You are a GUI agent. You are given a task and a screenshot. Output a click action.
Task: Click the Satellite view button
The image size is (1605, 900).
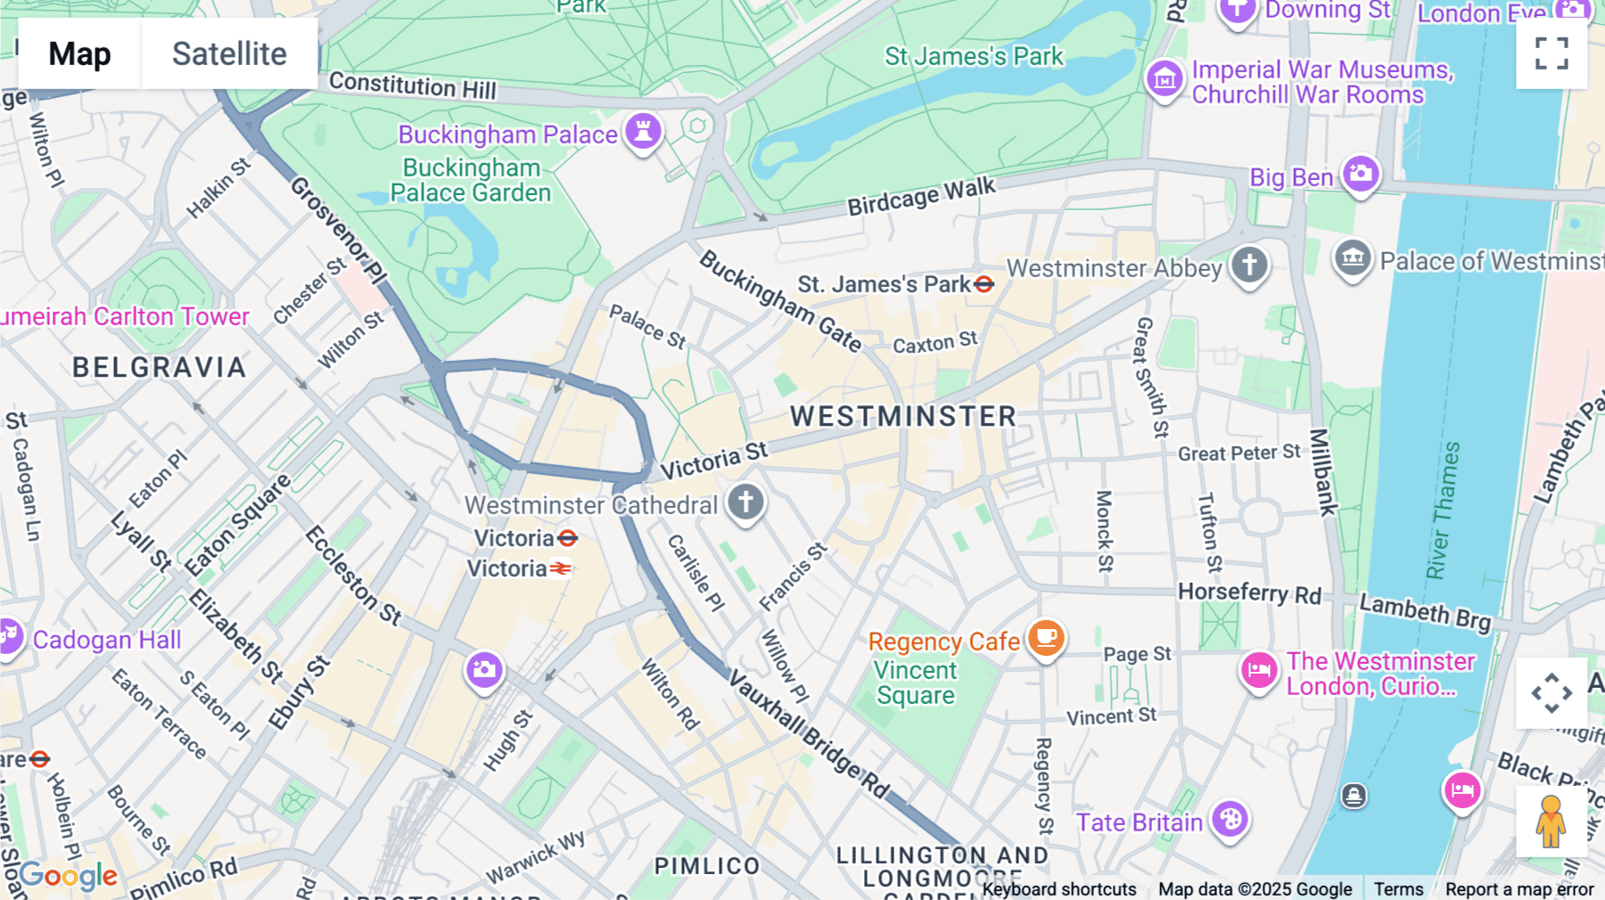229,53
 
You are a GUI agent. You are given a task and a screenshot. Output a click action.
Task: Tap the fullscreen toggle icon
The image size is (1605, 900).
1551,53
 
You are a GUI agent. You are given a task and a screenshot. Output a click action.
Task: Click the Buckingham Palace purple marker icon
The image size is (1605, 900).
643,131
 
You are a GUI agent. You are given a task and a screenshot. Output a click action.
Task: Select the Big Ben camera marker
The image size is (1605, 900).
1361,173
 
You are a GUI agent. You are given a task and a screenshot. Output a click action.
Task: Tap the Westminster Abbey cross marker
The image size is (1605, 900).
1249,264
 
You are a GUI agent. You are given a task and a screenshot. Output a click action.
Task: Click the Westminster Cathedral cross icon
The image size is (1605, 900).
745,502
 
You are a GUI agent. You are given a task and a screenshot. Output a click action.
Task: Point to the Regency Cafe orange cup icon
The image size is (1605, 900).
1046,638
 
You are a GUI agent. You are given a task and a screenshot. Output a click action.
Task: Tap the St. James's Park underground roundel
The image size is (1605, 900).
984,284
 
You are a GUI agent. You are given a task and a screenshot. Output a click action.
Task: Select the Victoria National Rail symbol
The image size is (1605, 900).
561,569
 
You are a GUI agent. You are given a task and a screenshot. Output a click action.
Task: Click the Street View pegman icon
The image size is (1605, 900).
1551,821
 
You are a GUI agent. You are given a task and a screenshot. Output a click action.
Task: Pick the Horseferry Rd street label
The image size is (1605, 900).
1249,593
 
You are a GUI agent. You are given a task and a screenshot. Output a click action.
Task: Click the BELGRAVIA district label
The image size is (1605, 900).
160,367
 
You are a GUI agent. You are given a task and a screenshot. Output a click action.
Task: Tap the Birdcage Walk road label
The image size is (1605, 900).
921,196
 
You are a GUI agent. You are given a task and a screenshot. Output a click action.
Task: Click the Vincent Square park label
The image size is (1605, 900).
915,683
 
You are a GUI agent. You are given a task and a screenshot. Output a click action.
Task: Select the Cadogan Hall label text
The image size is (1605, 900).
107,640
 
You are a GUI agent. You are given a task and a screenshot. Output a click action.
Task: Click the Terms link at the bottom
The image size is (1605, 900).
1398,888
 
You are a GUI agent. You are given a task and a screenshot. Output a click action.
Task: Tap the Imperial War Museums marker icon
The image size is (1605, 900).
1165,80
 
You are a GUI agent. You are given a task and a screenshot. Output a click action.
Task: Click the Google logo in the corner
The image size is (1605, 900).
69,876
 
